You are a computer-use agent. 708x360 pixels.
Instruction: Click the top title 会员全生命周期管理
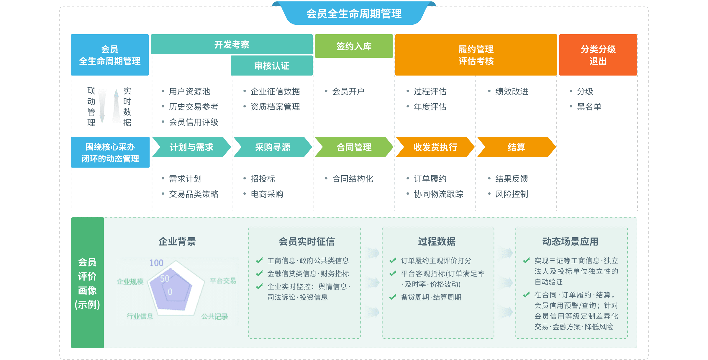354,14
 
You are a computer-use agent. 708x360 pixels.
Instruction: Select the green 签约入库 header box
354,46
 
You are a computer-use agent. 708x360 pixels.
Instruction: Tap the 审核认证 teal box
271,66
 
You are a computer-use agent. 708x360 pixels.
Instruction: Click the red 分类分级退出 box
598,55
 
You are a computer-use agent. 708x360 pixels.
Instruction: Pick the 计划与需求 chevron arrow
191,147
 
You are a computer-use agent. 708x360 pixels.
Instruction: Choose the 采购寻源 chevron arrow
273,147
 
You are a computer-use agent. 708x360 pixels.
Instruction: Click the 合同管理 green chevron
354,147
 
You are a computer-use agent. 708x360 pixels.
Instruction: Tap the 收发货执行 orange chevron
435,147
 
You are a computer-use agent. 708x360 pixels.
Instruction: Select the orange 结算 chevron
516,147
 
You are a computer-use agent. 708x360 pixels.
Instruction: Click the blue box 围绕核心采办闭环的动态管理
110,152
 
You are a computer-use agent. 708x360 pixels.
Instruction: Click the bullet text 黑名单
589,107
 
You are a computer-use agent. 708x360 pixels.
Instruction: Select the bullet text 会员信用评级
193,122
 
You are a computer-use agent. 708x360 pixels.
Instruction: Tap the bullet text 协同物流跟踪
438,194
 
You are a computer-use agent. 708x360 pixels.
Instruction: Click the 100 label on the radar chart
156,263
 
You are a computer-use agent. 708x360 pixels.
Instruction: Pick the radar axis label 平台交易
223,281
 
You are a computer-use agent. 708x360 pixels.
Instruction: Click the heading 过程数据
437,241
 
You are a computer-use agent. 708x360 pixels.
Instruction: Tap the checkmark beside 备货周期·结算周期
393,297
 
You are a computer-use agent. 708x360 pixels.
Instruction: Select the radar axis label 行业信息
140,317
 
